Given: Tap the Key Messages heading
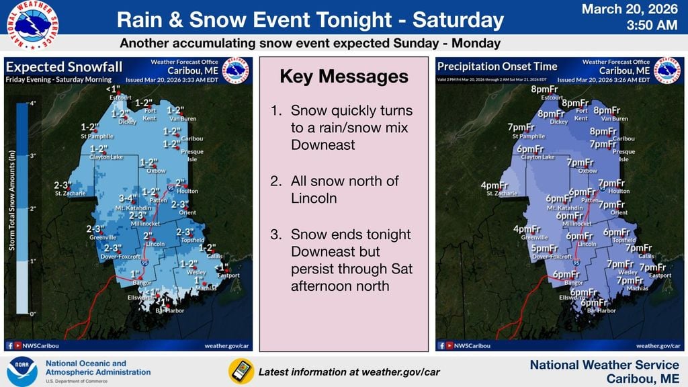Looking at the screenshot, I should tap(343, 77).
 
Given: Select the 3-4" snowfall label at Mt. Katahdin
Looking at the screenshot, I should tap(128, 198).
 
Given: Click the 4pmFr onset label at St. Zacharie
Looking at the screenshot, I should tap(493, 185).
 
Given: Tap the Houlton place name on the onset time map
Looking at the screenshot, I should tap(618, 191).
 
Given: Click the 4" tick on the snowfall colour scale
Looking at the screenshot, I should tap(32, 104).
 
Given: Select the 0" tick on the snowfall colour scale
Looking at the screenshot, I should tap(32, 313).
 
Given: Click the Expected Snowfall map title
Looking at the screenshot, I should tap(47, 67).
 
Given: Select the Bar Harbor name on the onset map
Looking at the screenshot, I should tap(601, 310).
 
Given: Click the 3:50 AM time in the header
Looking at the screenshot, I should tap(651, 26).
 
